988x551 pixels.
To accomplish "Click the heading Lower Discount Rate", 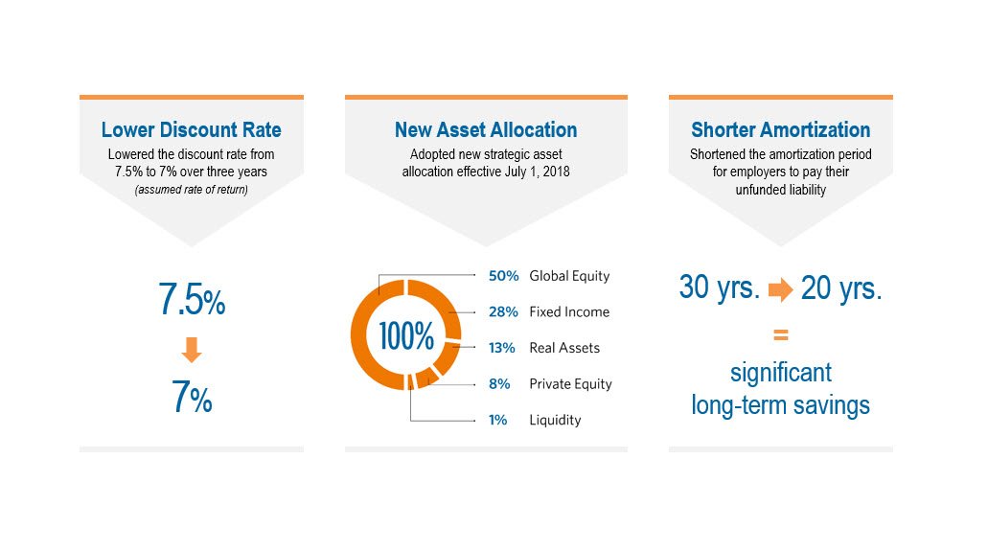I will pos(192,129).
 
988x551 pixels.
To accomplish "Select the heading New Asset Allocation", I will pos(486,129).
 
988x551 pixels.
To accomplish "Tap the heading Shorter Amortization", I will pos(780,129).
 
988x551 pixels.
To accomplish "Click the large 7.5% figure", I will pos(192,301).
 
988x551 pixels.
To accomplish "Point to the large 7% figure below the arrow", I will pos(192,398).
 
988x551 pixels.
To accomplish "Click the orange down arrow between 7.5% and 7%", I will pos(192,351).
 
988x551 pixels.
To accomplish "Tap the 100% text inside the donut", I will pos(406,336).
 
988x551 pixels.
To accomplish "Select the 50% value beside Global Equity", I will pos(503,276).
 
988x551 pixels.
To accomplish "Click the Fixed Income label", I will pos(569,311).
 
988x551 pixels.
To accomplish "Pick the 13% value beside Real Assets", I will pos(502,348).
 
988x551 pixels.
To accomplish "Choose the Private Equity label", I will pos(570,384).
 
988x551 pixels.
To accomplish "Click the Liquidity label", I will pos(555,420).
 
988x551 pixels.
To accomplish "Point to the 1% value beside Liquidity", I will pos(497,420).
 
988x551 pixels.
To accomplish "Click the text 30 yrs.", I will pos(719,287).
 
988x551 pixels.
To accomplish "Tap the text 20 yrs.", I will pos(840,287).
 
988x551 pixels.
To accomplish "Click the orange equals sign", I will pos(780,335).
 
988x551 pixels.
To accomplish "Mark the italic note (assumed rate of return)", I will pos(192,189).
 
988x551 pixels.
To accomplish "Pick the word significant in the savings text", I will pos(780,372).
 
